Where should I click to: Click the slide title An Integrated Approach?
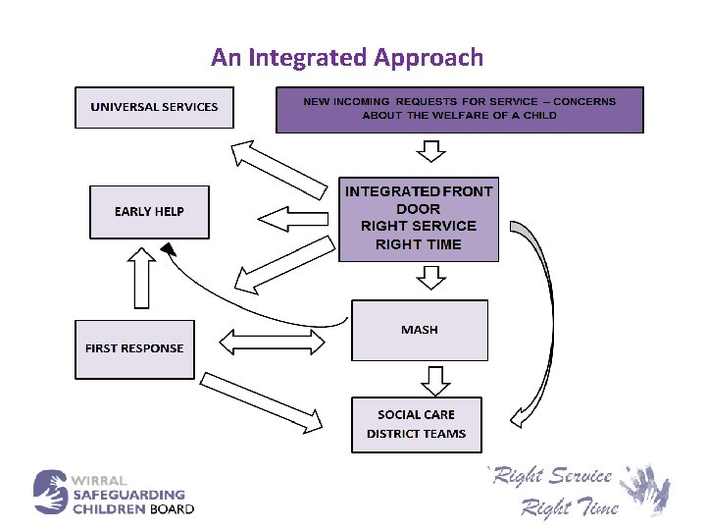[x=347, y=57]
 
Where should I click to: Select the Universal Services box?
[x=154, y=107]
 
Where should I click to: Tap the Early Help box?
[x=149, y=212]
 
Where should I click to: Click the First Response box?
[x=134, y=348]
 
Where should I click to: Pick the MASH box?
[x=419, y=330]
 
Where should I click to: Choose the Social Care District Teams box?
[x=416, y=424]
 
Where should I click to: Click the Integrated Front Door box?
[x=419, y=218]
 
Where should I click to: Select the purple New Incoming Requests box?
[x=459, y=109]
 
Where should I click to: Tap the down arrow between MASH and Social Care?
[x=431, y=379]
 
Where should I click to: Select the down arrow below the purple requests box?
[x=430, y=150]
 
